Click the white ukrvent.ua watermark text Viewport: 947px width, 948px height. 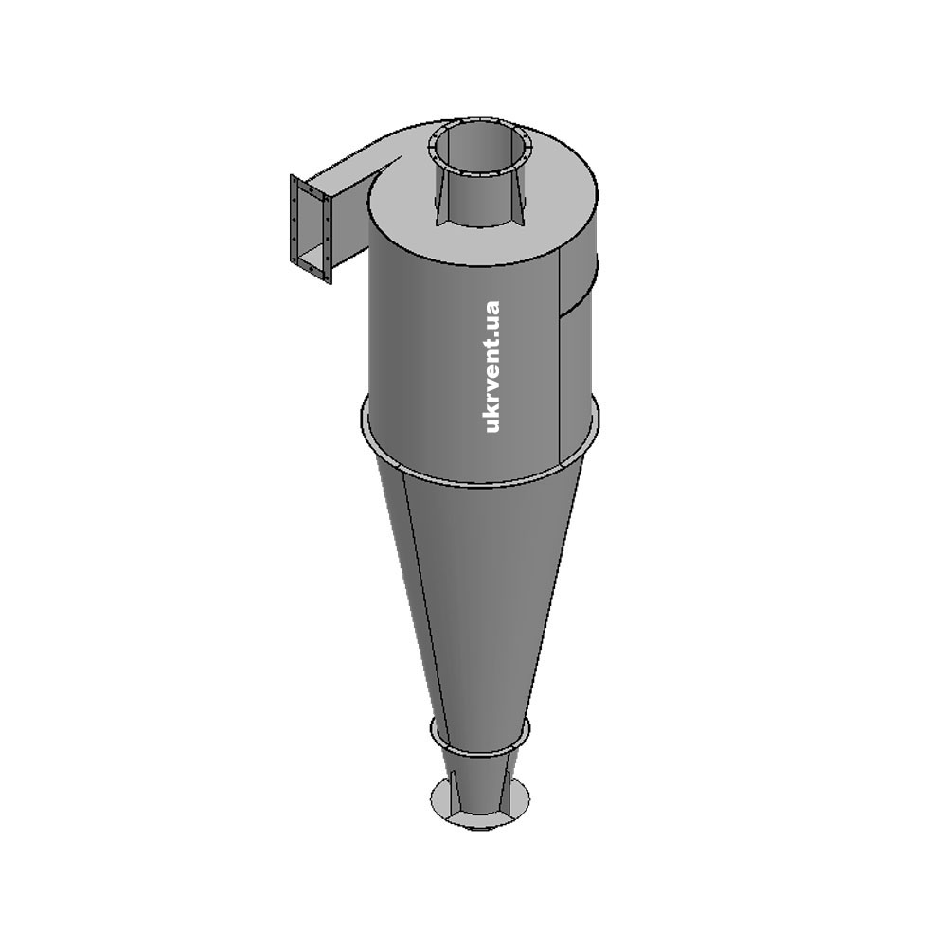pos(492,367)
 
